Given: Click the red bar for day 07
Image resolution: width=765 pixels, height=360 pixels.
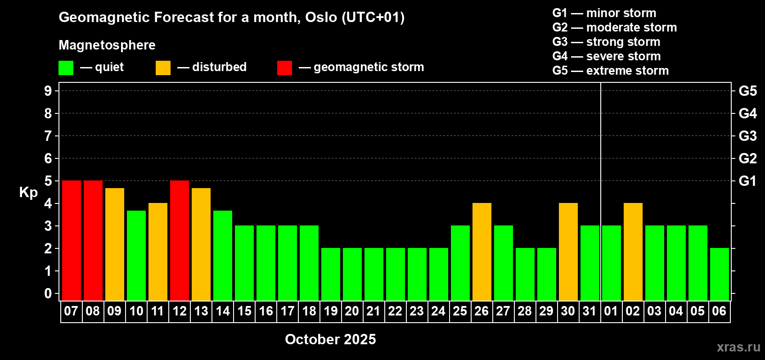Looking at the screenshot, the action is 72,240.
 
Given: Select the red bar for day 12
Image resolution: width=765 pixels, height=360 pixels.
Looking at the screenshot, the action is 180,240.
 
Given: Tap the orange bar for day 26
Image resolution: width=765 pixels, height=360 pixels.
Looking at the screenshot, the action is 482,252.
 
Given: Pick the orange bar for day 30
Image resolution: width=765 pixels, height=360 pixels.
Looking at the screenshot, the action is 568,252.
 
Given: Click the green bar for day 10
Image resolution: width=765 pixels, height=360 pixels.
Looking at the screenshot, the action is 136,256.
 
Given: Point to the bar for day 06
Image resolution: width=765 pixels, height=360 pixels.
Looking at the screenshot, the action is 720,274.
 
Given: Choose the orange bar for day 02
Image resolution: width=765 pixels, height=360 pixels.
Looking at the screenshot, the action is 633,252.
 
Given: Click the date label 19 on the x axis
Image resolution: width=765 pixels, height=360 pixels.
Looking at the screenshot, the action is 331,311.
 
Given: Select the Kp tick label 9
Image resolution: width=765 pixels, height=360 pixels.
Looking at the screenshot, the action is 48,91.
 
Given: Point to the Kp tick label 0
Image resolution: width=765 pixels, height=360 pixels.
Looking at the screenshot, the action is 48,293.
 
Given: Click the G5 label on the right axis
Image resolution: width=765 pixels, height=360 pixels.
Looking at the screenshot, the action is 747,91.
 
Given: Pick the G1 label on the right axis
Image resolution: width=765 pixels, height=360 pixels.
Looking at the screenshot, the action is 747,181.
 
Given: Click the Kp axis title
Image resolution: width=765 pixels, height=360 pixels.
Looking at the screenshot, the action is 28,193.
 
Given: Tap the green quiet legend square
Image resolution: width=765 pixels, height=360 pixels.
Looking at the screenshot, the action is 66,67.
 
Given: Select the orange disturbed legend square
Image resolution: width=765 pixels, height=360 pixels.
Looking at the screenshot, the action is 163,67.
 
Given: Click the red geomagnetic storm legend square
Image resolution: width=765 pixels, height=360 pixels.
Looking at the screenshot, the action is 284,67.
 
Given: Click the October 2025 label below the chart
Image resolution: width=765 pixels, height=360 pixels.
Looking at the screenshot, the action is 330,339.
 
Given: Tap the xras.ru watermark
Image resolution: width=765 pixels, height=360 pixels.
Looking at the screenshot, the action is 738,347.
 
